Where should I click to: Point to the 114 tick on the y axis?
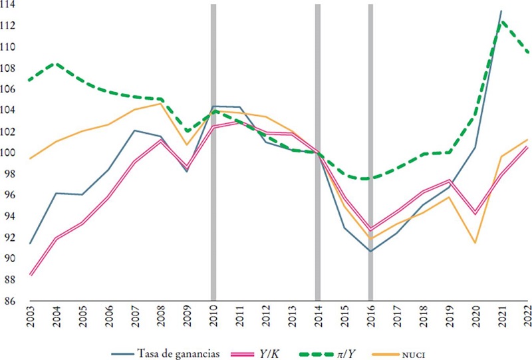(x=10, y=5)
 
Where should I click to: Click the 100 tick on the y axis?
(x=10, y=152)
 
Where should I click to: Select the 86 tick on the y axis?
(x=11, y=301)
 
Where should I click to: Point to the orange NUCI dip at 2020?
(x=475, y=242)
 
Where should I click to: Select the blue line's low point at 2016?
(x=370, y=251)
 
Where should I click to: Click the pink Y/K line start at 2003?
(x=31, y=274)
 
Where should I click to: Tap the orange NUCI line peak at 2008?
(x=161, y=104)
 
